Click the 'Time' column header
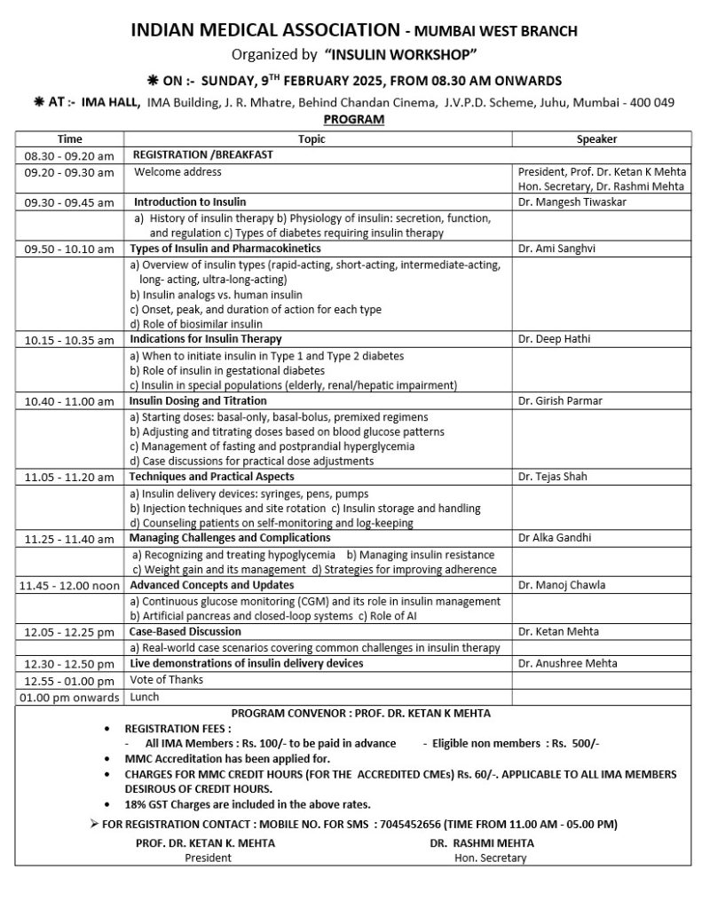(x=70, y=139)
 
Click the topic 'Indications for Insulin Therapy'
(x=206, y=338)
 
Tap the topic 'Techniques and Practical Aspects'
(x=212, y=477)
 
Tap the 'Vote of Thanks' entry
(x=167, y=679)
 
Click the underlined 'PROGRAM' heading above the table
(x=354, y=119)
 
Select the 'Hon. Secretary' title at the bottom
(x=490, y=858)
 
